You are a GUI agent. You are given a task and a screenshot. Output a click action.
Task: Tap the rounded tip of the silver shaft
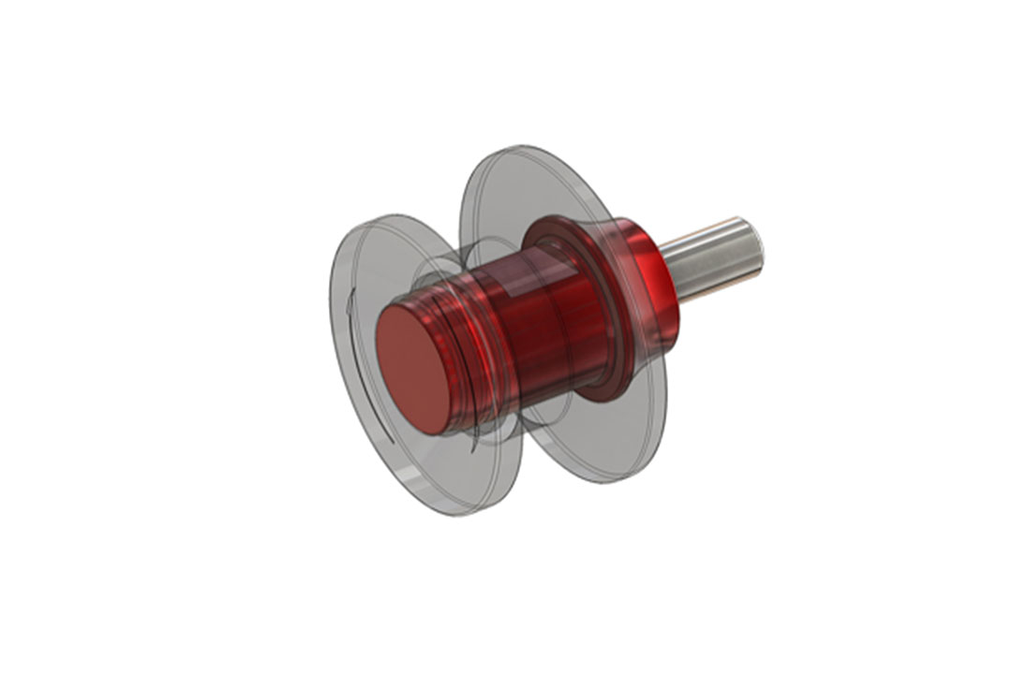point(754,244)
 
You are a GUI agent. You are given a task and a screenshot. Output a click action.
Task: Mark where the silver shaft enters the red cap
point(667,271)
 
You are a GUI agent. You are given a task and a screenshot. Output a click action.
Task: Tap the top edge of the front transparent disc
point(384,216)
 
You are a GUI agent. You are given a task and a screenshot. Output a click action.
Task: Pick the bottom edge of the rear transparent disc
point(600,478)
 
